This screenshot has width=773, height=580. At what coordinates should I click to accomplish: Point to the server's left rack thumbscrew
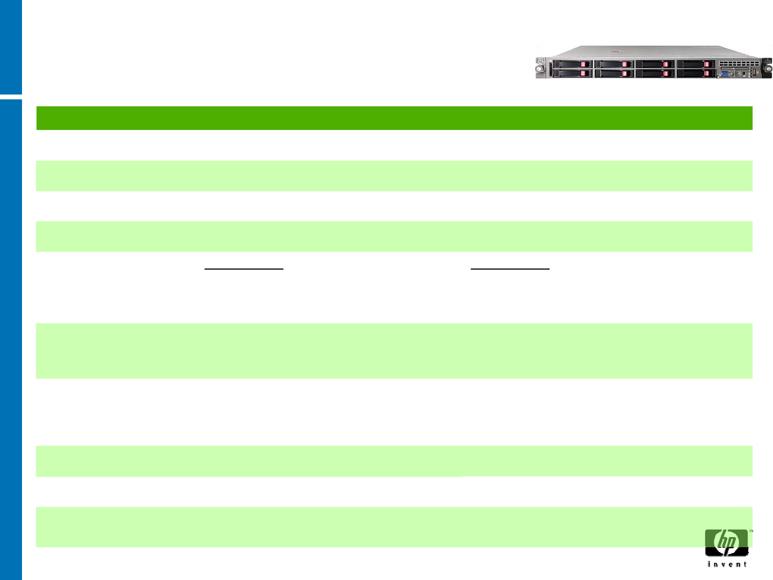point(539,69)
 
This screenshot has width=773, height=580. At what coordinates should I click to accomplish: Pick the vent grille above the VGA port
point(739,63)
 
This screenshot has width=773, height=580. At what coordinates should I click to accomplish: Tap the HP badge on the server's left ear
point(541,60)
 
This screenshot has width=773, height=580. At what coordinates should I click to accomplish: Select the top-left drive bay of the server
point(572,64)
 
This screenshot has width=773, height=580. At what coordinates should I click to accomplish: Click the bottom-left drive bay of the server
point(572,73)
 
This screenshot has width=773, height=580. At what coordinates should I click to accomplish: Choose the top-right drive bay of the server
point(696,64)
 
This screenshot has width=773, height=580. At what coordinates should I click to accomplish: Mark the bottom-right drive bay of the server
point(696,73)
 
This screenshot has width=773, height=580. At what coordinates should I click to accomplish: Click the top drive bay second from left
point(614,64)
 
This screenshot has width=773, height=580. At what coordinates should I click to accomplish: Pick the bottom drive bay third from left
point(655,73)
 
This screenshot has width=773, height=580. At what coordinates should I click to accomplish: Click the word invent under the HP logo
point(727,564)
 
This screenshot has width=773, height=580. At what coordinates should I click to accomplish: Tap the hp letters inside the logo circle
point(727,541)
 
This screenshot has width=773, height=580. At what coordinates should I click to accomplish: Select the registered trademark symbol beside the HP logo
point(751,531)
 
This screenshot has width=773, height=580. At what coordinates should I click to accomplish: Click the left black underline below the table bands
point(244,268)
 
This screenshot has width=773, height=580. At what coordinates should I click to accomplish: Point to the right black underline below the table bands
point(510,268)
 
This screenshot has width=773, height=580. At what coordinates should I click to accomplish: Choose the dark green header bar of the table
point(394,118)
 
